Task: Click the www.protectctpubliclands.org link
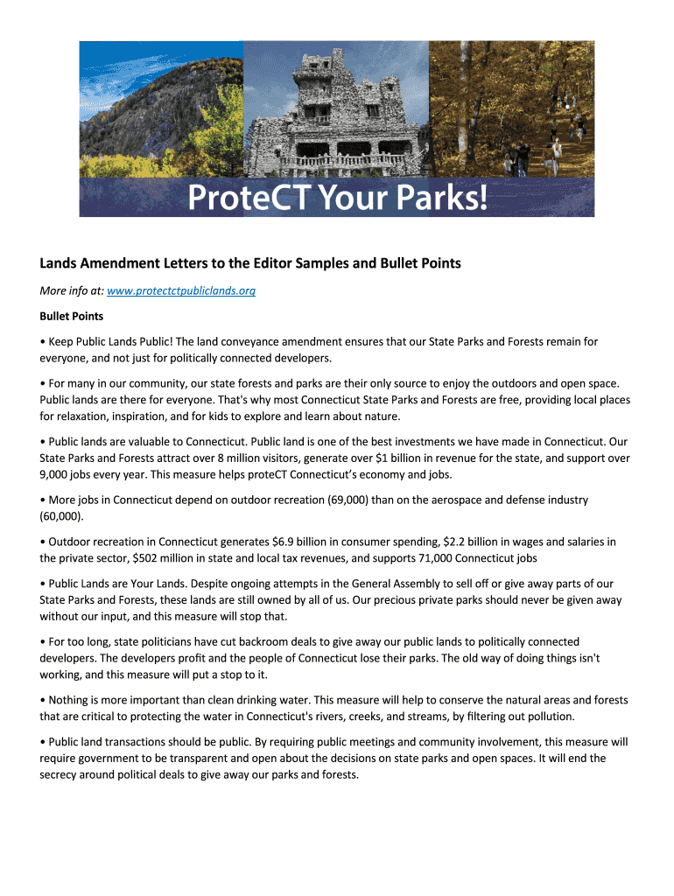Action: [x=180, y=290]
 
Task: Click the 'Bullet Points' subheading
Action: [x=72, y=316]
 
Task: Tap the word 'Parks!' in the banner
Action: [x=442, y=199]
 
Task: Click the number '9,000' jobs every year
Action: [x=58, y=474]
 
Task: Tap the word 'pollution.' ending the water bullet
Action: [x=547, y=716]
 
